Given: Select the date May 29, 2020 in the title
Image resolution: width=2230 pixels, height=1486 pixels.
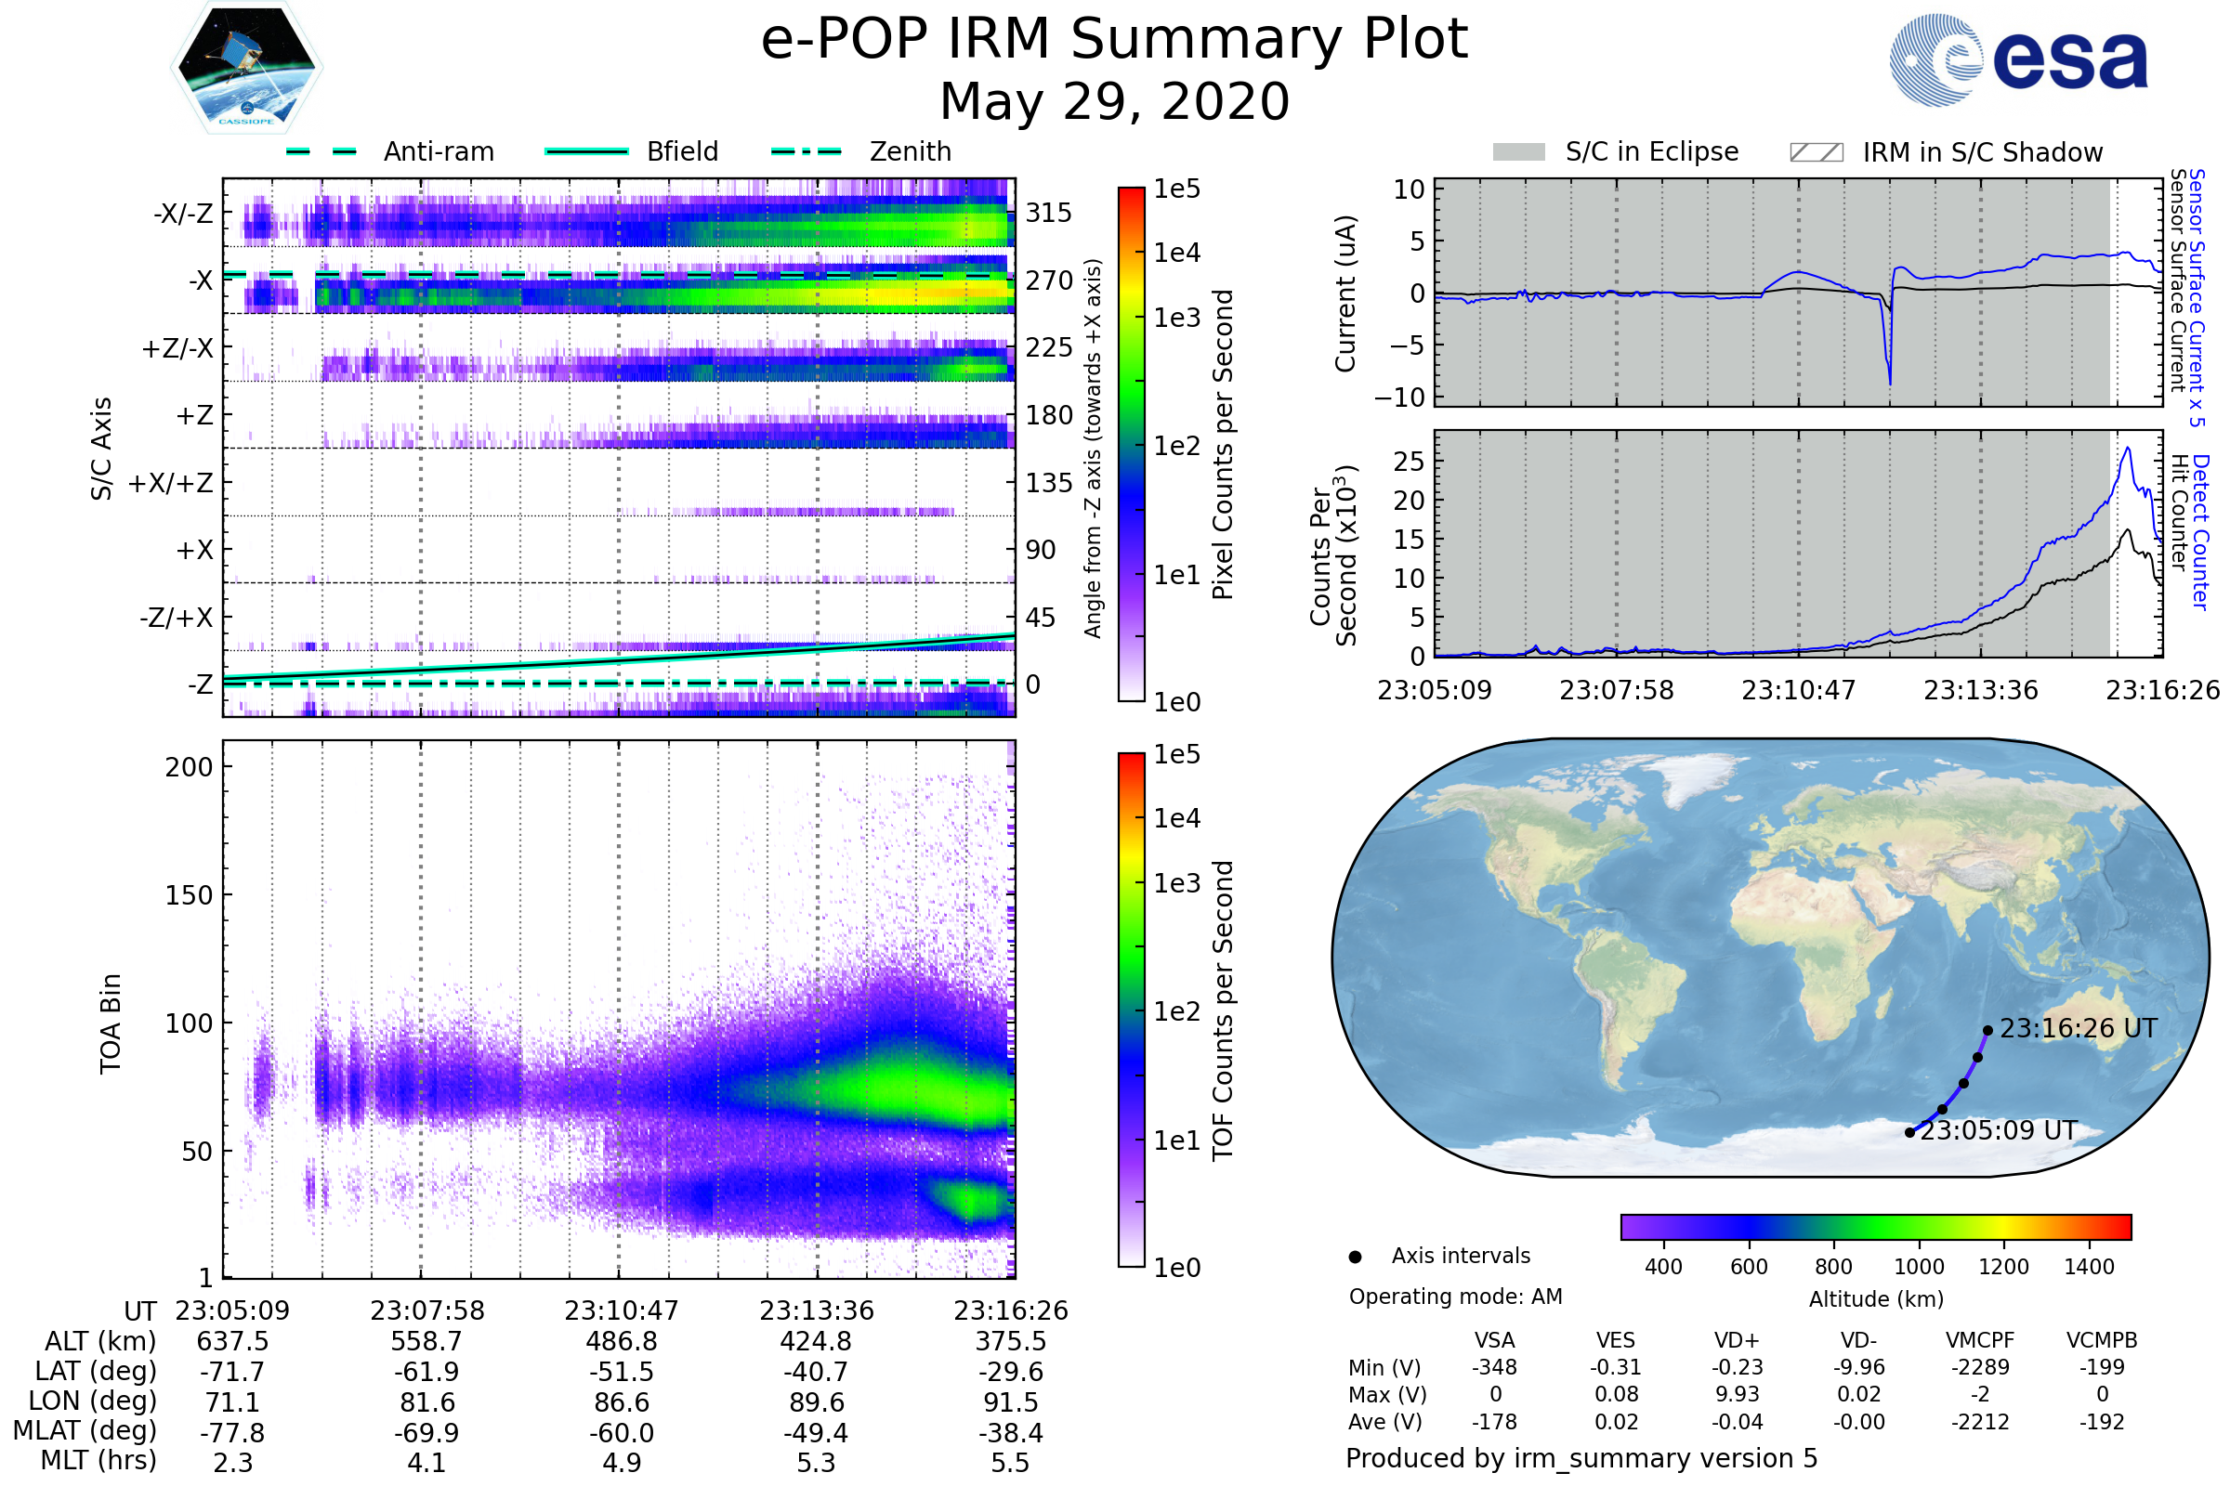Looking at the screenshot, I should (1114, 101).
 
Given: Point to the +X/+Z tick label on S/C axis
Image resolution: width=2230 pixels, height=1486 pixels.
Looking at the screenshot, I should (171, 483).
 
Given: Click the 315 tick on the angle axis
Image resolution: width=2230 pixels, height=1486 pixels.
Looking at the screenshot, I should (1048, 213).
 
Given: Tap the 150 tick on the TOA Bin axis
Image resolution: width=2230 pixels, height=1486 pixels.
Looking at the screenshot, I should (189, 894).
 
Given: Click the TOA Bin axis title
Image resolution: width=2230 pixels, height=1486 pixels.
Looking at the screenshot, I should (110, 1023).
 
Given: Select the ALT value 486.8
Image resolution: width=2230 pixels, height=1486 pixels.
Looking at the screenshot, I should (621, 1341).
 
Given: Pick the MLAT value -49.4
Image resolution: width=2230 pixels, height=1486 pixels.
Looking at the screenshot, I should (816, 1432).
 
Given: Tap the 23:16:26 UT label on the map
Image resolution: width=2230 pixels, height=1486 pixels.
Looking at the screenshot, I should (2078, 1028).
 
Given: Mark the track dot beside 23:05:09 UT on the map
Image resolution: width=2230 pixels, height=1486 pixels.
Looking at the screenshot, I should (1909, 1132).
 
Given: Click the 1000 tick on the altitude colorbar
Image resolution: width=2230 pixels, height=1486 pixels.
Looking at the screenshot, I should (1918, 1267).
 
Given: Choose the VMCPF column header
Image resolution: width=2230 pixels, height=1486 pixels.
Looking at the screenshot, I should (1980, 1340).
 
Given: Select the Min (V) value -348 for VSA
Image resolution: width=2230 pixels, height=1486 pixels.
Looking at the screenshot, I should (1494, 1366).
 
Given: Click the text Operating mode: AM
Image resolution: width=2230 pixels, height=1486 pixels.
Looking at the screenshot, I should (1455, 1297).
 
